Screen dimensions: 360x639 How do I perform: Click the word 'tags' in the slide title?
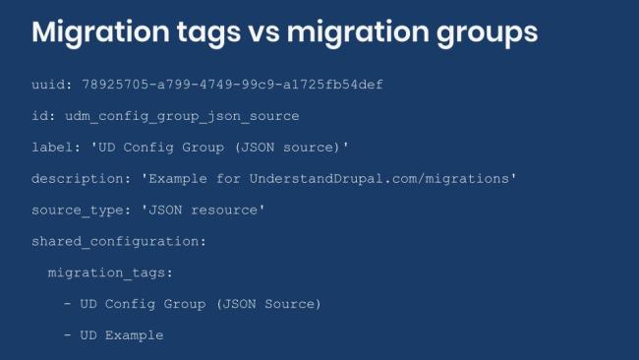click(210, 31)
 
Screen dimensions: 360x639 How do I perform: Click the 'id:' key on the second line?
click(43, 116)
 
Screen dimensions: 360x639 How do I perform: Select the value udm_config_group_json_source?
click(182, 116)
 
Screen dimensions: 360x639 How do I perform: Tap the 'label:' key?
click(55, 148)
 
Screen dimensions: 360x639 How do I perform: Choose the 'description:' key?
click(76, 179)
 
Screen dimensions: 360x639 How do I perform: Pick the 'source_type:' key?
click(76, 210)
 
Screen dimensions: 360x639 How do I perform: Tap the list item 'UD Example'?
click(122, 335)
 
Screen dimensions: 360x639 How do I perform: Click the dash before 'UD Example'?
click(68, 335)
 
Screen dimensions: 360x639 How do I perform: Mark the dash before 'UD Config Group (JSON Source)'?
click(68, 304)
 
